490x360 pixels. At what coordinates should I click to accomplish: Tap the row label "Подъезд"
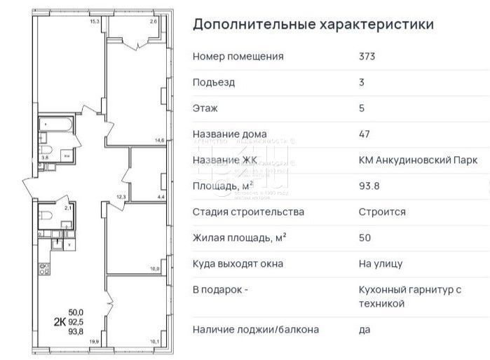coord(214,83)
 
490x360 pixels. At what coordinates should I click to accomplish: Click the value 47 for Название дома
coord(365,134)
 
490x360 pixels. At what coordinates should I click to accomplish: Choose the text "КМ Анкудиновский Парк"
coord(417,160)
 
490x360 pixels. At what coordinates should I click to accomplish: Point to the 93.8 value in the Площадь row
coord(369,186)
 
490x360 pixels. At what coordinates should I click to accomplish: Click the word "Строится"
coord(380,212)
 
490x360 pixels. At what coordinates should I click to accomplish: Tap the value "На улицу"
coord(380,264)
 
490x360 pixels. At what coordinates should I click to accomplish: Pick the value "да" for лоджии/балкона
coord(365,329)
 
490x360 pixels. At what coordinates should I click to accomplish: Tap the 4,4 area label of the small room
coord(160,197)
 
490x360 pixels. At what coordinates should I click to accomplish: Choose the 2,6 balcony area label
coord(154,22)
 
